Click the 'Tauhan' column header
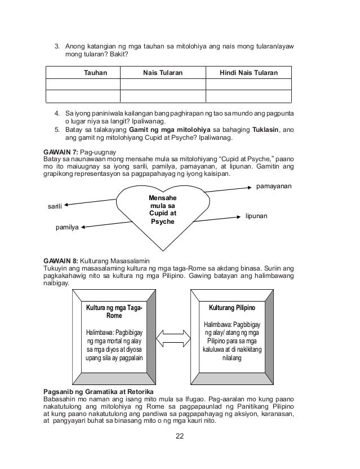95,73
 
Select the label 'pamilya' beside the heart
67,229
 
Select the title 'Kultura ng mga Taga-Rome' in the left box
113,312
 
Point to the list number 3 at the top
56,46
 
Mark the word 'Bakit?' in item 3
118,55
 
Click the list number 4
56,112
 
